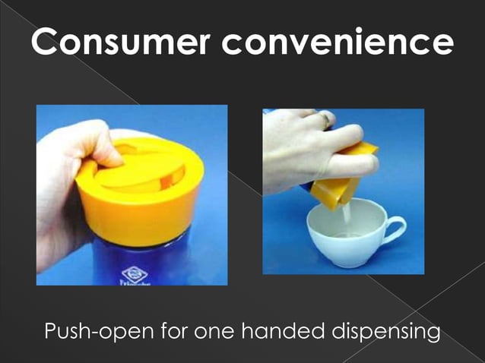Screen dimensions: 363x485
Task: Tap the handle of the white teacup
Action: [395, 227]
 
